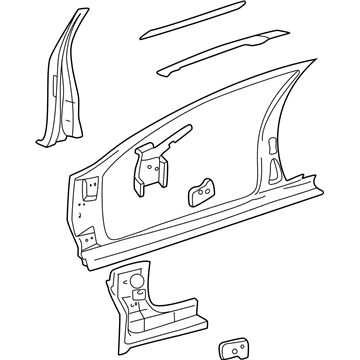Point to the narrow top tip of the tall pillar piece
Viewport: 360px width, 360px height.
[72, 16]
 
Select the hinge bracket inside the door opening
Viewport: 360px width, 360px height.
[147, 160]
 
